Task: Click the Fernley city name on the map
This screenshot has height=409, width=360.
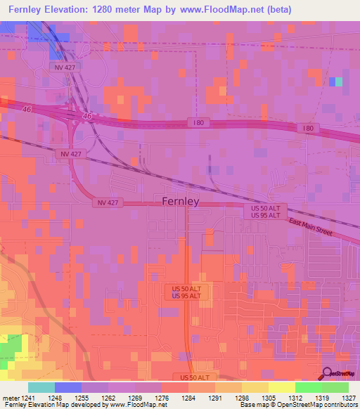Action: (181, 201)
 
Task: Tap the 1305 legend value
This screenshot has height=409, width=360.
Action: (269, 397)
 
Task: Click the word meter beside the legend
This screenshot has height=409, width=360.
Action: (10, 397)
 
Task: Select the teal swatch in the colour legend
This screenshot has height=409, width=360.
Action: (41, 387)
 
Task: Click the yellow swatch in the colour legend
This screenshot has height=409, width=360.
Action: (281, 387)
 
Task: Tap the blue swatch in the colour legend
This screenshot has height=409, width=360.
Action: (68, 387)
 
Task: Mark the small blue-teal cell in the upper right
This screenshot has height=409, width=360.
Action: (335, 82)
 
